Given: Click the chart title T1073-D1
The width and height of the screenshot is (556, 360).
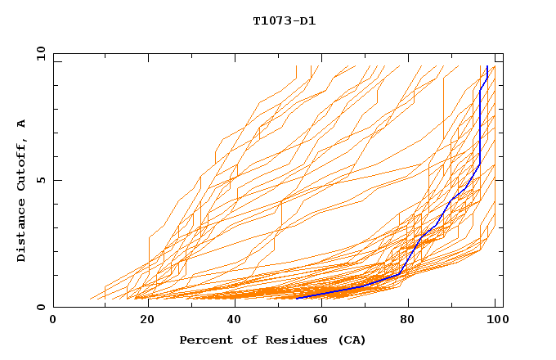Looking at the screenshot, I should click(x=284, y=20).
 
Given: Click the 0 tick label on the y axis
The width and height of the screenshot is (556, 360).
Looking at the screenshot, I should click(x=41, y=308).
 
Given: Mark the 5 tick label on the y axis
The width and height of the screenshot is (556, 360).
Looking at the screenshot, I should click(x=41, y=180).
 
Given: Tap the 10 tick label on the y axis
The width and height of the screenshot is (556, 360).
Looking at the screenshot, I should click(x=38, y=53).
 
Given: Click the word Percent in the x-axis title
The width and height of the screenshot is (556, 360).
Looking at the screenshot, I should click(x=203, y=340).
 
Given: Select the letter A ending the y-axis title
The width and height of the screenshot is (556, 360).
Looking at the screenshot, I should click(x=21, y=123).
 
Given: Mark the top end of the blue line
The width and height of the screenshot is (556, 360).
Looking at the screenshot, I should click(x=487, y=66).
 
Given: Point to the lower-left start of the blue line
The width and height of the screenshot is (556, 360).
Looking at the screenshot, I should click(x=297, y=298).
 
